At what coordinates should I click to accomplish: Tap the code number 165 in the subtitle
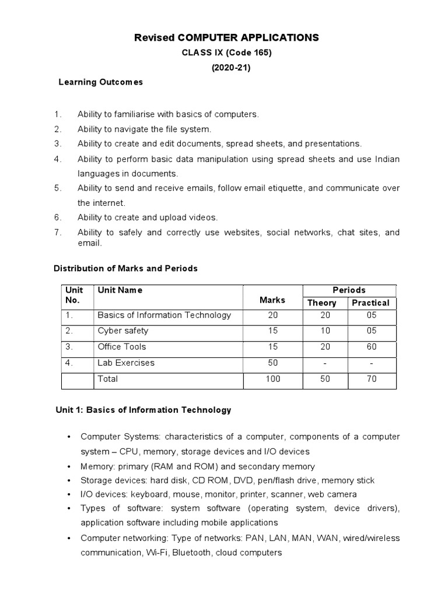pyautogui.click(x=261, y=52)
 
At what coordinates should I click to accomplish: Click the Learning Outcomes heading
pyautogui.click(x=100, y=82)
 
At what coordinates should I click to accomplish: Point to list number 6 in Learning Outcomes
pyautogui.click(x=57, y=217)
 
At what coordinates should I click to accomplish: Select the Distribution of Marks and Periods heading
pyautogui.click(x=125, y=269)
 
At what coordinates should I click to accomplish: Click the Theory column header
pyautogui.click(x=322, y=303)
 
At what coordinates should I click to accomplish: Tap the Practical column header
pyautogui.click(x=370, y=303)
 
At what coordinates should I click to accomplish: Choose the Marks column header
pyautogui.click(x=272, y=300)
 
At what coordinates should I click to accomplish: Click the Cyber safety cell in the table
pyautogui.click(x=123, y=331)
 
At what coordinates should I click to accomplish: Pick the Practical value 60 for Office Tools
pyautogui.click(x=371, y=347)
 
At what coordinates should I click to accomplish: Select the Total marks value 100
pyautogui.click(x=272, y=379)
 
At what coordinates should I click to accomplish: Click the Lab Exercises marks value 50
pyautogui.click(x=272, y=363)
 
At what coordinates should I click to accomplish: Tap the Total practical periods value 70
pyautogui.click(x=371, y=379)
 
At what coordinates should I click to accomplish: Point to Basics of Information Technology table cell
pyautogui.click(x=164, y=315)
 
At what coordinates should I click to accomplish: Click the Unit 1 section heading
pyautogui.click(x=142, y=410)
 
